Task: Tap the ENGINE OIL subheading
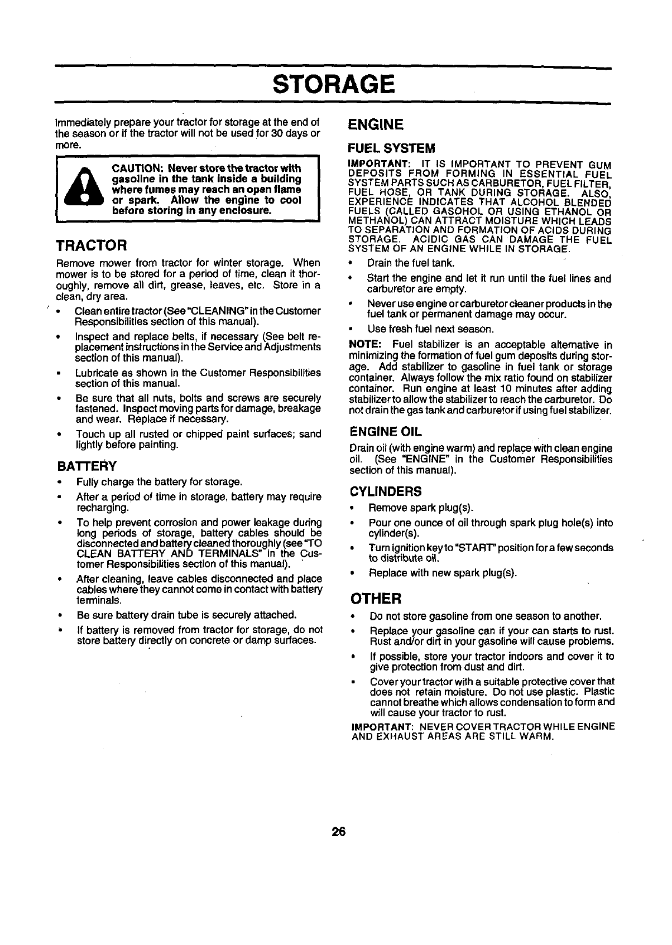point(385,432)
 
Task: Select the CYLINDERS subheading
point(385,491)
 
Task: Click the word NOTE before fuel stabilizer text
point(364,344)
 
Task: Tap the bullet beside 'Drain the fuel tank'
point(352,263)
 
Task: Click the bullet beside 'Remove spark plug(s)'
point(352,508)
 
